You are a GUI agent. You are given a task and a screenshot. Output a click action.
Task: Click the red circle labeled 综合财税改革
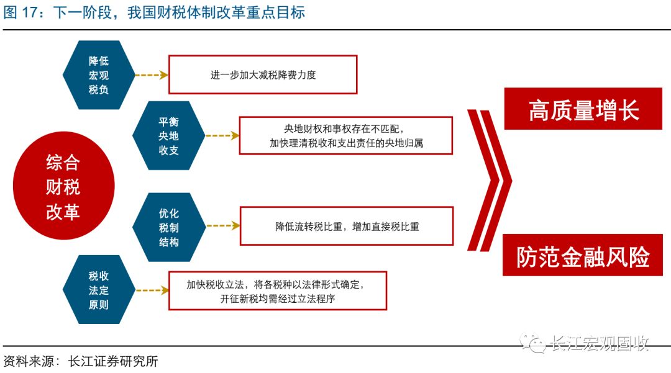64,186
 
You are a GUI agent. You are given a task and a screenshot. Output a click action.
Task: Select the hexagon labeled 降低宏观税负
99,75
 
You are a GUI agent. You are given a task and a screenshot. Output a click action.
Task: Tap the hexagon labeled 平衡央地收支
168,135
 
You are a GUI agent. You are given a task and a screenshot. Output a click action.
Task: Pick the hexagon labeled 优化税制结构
168,227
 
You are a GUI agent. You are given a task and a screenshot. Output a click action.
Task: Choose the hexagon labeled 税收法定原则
99,290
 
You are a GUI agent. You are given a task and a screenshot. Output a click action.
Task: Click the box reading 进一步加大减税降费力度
263,74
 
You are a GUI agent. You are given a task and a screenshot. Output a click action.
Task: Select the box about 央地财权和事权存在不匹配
346,135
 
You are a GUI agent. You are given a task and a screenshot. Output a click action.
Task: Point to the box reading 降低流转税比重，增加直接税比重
347,226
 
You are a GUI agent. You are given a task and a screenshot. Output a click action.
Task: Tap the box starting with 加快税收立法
278,291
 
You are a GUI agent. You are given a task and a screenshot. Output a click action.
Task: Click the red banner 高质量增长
583,109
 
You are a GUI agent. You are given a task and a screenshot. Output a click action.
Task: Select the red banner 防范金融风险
583,256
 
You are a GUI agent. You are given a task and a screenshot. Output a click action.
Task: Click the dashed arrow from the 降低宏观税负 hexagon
152,75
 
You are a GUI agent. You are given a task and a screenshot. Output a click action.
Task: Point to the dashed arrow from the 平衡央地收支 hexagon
222,136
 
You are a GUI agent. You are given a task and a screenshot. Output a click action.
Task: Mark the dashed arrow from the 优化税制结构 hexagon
223,225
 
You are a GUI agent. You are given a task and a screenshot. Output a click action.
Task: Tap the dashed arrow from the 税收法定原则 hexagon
152,290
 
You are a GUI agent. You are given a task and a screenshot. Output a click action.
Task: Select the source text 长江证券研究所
113,361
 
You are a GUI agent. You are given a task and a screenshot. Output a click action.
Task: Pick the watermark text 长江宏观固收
600,343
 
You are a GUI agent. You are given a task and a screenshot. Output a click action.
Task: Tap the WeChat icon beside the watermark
532,343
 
